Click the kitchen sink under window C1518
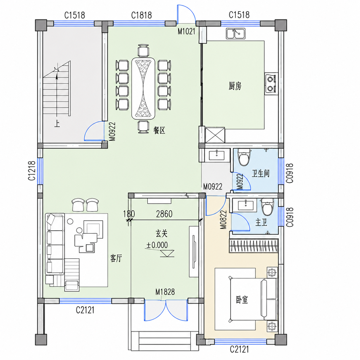pyautogui.click(x=235, y=34)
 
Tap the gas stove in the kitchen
pyautogui.click(x=271, y=84)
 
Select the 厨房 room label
pyautogui.click(x=235, y=86)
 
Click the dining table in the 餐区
pyautogui.click(x=143, y=88)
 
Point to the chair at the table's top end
pyautogui.click(x=143, y=51)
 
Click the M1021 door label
pyautogui.click(x=186, y=31)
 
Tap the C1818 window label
pyautogui.click(x=142, y=15)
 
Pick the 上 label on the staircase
pyautogui.click(x=57, y=124)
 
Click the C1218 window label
pyautogui.click(x=32, y=171)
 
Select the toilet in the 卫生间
pyautogui.click(x=244, y=157)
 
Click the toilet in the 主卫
pyautogui.click(x=267, y=207)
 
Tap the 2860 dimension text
pyautogui.click(x=164, y=214)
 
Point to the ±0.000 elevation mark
pyautogui.click(x=157, y=245)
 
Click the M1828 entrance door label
pyautogui.click(x=165, y=292)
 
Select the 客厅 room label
pyautogui.click(x=116, y=258)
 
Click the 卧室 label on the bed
pyautogui.click(x=242, y=300)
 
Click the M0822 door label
pyautogui.click(x=223, y=220)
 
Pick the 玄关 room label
pyautogui.click(x=161, y=233)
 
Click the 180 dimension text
pyautogui.click(x=129, y=214)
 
